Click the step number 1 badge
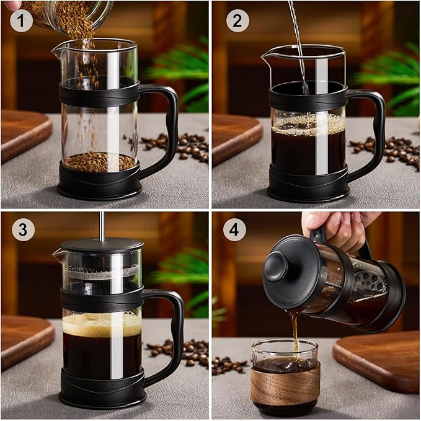click(x=22, y=20)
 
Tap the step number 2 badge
click(x=237, y=20)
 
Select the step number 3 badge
click(x=23, y=229)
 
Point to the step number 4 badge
click(x=234, y=229)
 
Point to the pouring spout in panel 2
click(x=266, y=56)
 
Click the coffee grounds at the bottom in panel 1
click(x=99, y=162)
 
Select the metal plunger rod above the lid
click(x=102, y=225)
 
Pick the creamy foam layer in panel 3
click(x=102, y=324)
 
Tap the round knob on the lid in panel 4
click(x=276, y=265)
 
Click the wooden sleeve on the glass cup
click(x=285, y=384)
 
